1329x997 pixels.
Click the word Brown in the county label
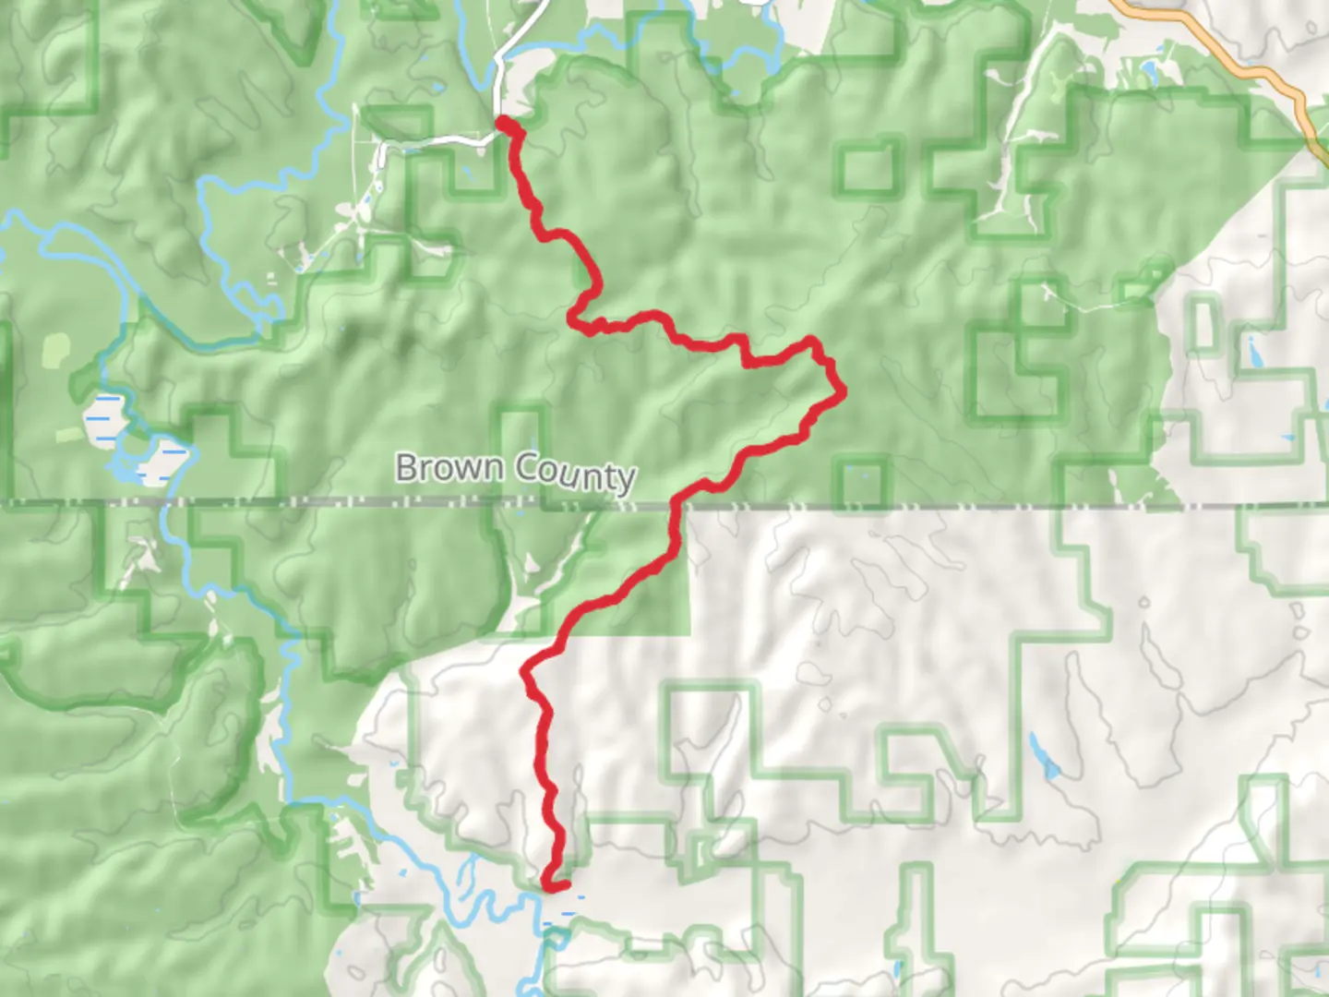click(x=451, y=467)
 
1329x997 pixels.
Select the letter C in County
click(x=526, y=468)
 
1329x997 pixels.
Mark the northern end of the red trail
click(x=502, y=121)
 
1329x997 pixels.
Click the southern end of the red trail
click(x=548, y=886)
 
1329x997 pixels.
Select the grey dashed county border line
click(x=923, y=507)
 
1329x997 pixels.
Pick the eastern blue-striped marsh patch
click(x=164, y=459)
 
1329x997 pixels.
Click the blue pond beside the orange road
click(x=1148, y=70)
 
